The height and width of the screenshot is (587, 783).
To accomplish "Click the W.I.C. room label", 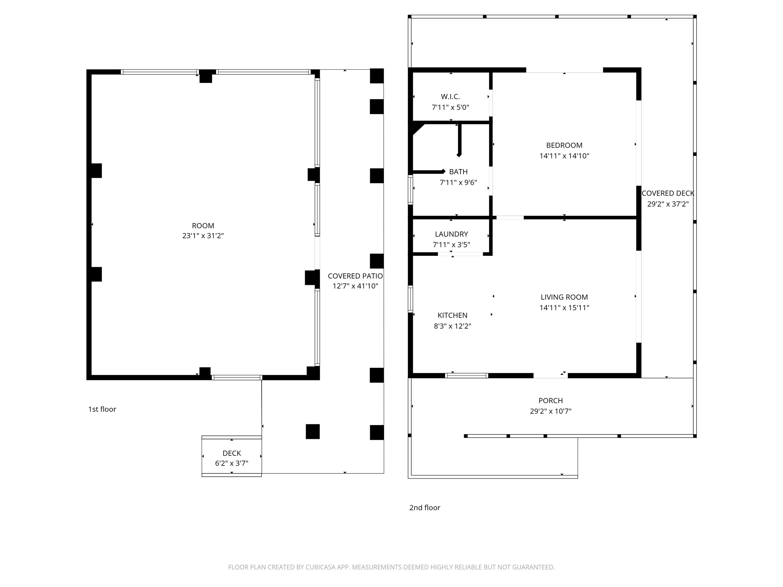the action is pyautogui.click(x=450, y=97).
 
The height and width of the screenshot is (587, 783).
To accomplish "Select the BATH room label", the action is pyautogui.click(x=459, y=172).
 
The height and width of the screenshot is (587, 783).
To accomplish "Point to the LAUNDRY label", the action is pyautogui.click(x=451, y=234).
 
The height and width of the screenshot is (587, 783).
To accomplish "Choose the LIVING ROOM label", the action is pyautogui.click(x=564, y=297).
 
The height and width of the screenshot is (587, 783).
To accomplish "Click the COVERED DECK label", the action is pyautogui.click(x=668, y=193).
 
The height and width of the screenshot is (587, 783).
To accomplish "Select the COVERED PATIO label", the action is pyautogui.click(x=355, y=276).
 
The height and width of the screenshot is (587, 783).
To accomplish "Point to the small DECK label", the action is pyautogui.click(x=232, y=453).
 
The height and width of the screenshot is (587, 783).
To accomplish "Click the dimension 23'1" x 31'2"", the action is pyautogui.click(x=203, y=236).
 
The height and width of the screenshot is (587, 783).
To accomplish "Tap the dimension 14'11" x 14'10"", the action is pyautogui.click(x=564, y=156).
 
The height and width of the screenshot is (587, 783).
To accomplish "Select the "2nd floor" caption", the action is pyautogui.click(x=425, y=508).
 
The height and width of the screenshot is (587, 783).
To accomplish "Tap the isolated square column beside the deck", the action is pyautogui.click(x=313, y=432).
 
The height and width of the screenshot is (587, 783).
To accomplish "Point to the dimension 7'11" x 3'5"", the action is pyautogui.click(x=451, y=245).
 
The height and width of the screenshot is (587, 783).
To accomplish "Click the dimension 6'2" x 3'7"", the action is pyautogui.click(x=232, y=464).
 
